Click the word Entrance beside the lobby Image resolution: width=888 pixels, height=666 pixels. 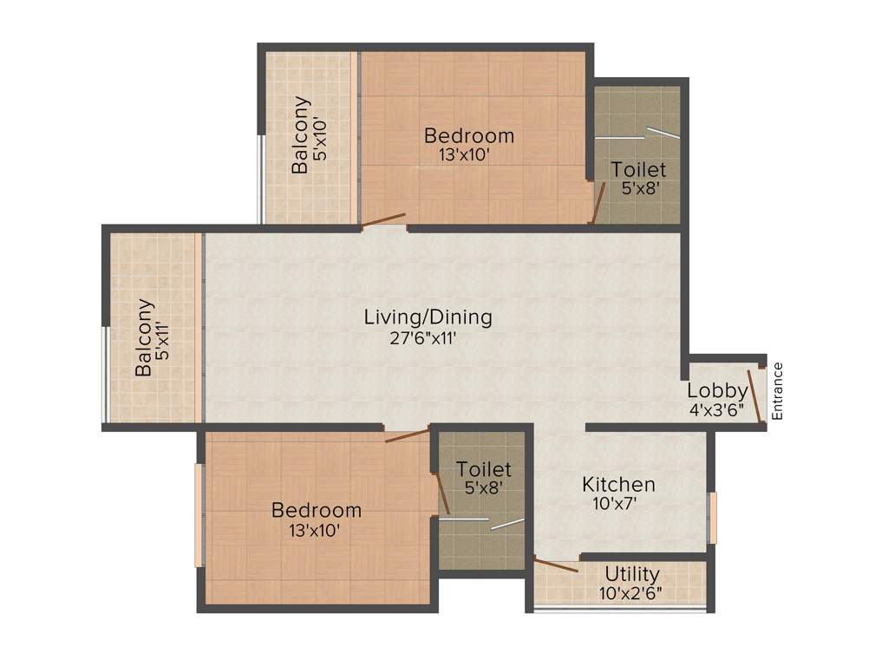[x=777, y=390]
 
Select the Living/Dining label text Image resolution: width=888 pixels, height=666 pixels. [x=428, y=317]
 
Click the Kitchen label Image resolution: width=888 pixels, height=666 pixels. [x=618, y=484]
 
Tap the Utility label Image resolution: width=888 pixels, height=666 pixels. [x=632, y=574]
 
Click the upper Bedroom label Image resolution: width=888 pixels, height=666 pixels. [x=468, y=135]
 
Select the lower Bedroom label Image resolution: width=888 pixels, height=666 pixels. [x=316, y=510]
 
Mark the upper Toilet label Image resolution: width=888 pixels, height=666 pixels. [x=638, y=169]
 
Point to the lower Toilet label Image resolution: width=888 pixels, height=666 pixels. [x=484, y=469]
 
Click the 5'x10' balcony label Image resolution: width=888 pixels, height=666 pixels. [x=322, y=135]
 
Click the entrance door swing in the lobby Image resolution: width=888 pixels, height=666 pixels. [x=755, y=395]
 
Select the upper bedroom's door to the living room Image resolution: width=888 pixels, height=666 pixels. [x=383, y=220]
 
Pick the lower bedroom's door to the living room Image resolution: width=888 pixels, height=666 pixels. [x=408, y=435]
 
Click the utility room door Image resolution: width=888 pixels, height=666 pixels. [x=556, y=566]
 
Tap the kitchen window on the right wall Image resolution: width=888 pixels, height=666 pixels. [x=713, y=518]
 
